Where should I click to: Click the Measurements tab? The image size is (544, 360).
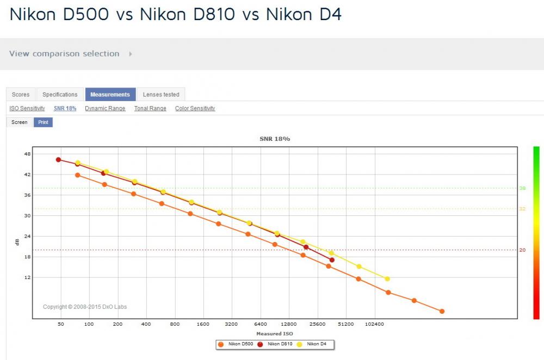tap(110, 94)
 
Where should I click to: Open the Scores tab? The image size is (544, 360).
tap(21, 94)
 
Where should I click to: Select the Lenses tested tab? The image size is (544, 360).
tap(161, 94)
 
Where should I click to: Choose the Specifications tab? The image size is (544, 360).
tap(60, 94)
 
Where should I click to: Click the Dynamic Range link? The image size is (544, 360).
tap(105, 108)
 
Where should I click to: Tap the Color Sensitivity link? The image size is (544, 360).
tap(195, 108)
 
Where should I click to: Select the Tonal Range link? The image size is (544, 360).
tap(150, 108)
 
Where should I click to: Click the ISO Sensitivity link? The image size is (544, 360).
tap(27, 108)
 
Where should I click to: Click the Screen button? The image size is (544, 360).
tap(20, 122)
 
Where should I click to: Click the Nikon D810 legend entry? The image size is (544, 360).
tap(276, 344)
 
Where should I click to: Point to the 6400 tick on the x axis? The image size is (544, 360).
tap(261, 324)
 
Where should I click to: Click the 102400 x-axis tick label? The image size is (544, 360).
tap(374, 324)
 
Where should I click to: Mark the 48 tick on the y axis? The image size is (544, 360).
tap(27, 154)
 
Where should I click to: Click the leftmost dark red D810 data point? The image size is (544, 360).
tap(58, 159)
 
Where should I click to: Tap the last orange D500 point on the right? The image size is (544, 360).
tap(442, 312)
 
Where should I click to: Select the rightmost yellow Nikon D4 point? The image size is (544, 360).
tap(387, 279)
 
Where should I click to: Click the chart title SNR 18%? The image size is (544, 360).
tap(275, 139)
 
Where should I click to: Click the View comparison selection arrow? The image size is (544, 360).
tap(131, 54)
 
